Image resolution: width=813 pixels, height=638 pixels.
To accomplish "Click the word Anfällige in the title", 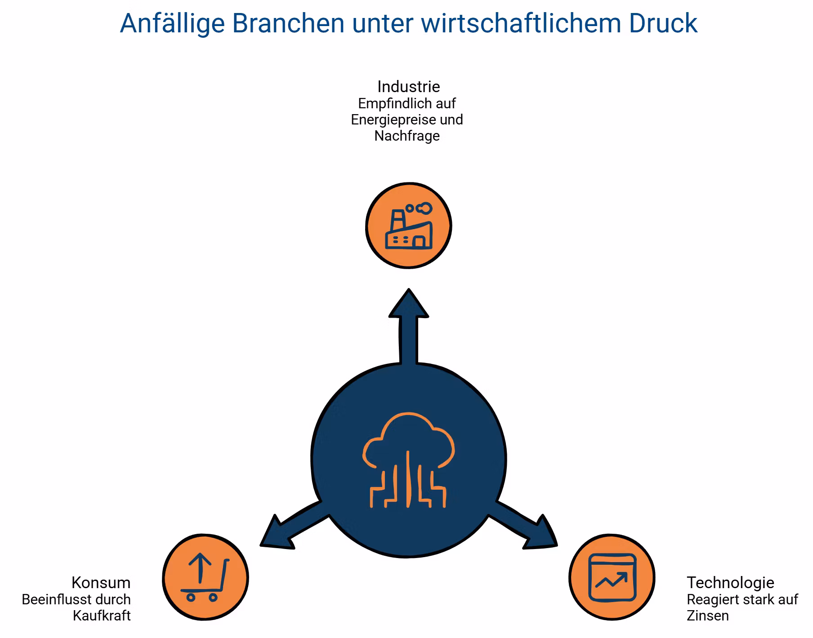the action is (x=172, y=23).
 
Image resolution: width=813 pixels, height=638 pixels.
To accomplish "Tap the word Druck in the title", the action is (x=663, y=23).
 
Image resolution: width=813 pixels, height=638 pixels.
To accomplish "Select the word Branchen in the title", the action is (x=288, y=23).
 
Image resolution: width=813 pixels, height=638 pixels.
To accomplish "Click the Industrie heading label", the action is (x=408, y=86).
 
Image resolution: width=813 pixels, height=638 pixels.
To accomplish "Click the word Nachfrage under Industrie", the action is (x=407, y=136).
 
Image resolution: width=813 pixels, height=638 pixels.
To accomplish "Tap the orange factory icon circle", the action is (x=408, y=226).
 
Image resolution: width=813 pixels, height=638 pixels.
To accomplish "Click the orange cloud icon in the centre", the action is (x=408, y=460).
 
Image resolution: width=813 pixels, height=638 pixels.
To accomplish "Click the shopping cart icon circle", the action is (x=205, y=577).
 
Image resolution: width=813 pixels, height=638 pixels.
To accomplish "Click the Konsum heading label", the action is (x=101, y=582).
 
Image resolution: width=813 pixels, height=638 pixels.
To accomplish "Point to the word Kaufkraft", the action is (x=102, y=616).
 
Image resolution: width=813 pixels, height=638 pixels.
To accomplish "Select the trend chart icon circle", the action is (x=612, y=577).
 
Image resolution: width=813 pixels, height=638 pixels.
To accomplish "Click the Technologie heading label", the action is (x=730, y=582).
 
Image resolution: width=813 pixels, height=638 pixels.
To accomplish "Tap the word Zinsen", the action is (x=708, y=616).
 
